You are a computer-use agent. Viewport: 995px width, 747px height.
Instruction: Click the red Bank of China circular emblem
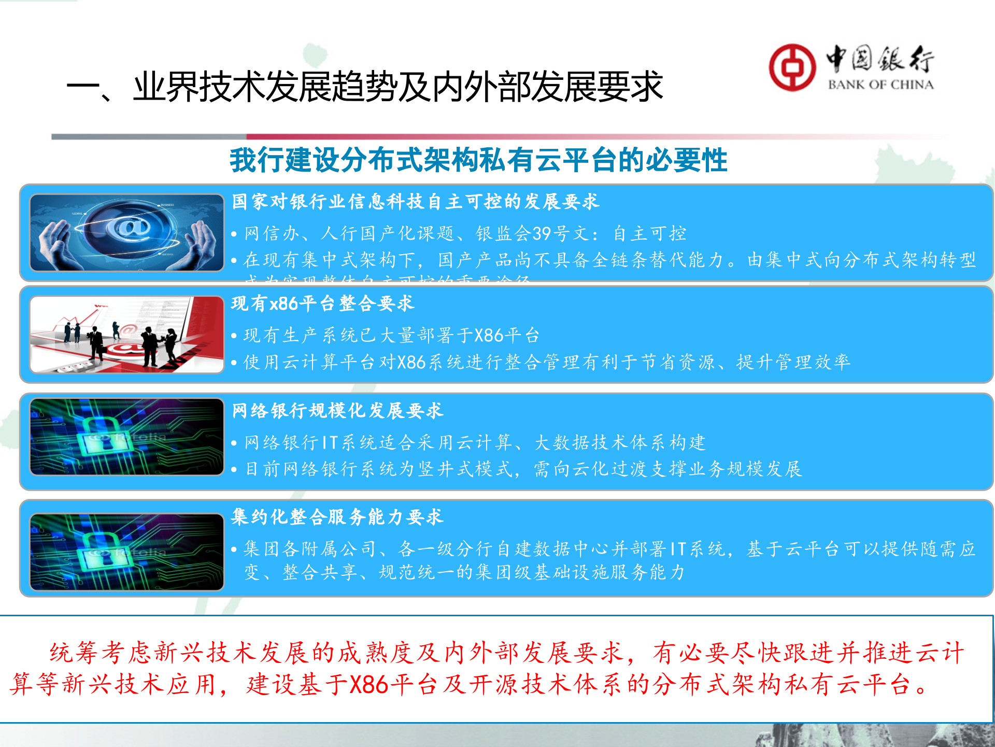(x=792, y=67)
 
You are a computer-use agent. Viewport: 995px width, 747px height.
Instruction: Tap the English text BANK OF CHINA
(x=880, y=85)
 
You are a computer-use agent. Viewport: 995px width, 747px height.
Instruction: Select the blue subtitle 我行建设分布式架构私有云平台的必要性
(x=478, y=160)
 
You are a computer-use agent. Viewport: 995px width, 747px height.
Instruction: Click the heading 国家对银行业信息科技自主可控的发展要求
(x=415, y=201)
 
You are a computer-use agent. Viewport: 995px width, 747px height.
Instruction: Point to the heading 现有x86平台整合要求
(x=322, y=303)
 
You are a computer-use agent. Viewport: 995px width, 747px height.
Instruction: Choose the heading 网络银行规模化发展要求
(x=337, y=410)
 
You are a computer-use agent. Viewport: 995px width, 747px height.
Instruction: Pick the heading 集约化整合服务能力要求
(x=337, y=517)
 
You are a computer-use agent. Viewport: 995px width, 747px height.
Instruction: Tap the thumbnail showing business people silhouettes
(x=127, y=335)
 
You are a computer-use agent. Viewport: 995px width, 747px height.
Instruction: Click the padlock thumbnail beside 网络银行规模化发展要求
(x=127, y=437)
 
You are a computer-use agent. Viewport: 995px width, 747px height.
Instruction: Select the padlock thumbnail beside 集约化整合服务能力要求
(x=127, y=552)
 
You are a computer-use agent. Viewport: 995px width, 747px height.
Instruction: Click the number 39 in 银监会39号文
(x=542, y=233)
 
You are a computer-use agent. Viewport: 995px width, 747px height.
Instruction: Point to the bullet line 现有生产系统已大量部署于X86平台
(x=391, y=336)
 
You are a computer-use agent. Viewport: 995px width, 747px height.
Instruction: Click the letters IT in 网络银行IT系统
(x=330, y=442)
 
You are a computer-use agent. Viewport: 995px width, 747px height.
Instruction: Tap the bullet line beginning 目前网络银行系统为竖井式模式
(x=523, y=469)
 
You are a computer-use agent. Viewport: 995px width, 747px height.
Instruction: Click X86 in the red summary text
(x=369, y=685)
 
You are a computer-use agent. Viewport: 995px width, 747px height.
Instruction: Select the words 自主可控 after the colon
(x=650, y=233)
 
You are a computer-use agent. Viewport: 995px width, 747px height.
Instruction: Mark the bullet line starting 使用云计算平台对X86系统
(x=547, y=362)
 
